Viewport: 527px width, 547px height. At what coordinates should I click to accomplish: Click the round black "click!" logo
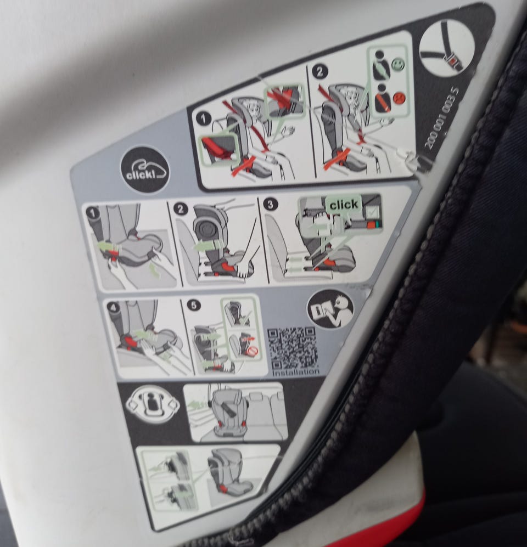point(145,170)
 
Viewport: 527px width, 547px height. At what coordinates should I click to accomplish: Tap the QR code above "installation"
point(293,348)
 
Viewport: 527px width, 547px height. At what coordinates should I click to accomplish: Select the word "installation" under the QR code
point(296,372)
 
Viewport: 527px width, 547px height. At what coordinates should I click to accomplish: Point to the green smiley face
point(397,64)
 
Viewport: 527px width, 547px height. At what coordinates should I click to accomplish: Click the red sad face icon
point(398,97)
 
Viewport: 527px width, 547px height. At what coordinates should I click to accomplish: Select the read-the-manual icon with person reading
point(330,309)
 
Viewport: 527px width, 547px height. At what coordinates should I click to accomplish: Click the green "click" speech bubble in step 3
point(344,205)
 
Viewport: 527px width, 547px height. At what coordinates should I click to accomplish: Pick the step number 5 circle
point(194,305)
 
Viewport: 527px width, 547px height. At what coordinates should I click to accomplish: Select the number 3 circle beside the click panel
point(270,204)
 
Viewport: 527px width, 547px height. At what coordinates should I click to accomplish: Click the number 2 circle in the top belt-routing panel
point(319,72)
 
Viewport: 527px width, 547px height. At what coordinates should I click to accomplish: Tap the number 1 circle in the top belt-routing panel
point(203,119)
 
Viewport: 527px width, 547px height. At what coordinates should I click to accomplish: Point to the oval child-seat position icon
point(153,404)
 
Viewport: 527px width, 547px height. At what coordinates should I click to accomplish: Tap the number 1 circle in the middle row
point(93,213)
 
